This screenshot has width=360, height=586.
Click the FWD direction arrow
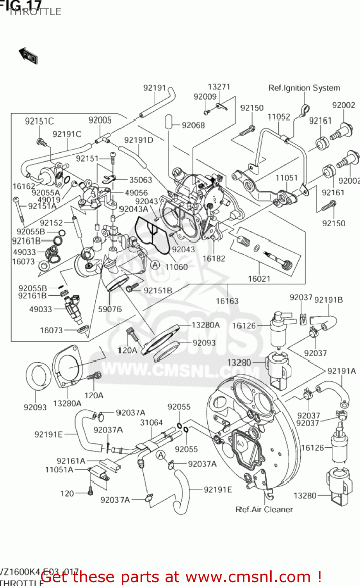pyautogui.click(x=28, y=55)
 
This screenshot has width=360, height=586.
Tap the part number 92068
pyautogui.click(x=193, y=125)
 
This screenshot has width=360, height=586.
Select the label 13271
pyautogui.click(x=219, y=87)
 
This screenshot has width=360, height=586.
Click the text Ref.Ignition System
pyautogui.click(x=304, y=88)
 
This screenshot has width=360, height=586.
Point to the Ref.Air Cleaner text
pyautogui.click(x=264, y=509)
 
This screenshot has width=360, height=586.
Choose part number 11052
pyautogui.click(x=279, y=117)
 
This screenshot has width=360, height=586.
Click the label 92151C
pyautogui.click(x=39, y=121)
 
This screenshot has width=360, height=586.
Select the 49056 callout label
pyautogui.click(x=136, y=193)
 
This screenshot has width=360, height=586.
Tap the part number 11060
pyautogui.click(x=176, y=267)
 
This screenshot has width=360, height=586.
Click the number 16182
pyautogui.click(x=214, y=258)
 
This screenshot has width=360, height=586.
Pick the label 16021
pyautogui.click(x=259, y=279)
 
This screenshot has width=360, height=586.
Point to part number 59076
pyautogui.click(x=110, y=309)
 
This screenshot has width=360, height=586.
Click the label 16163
pyautogui.click(x=227, y=301)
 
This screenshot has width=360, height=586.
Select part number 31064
pyautogui.click(x=151, y=422)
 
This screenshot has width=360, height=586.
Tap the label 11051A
pyautogui.click(x=59, y=470)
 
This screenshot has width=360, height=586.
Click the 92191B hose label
pyautogui.click(x=328, y=300)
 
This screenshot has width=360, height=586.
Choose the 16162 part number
pyautogui.click(x=24, y=186)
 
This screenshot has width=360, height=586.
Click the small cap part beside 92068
pyautogui.click(x=168, y=121)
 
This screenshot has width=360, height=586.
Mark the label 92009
pyautogui.click(x=205, y=96)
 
